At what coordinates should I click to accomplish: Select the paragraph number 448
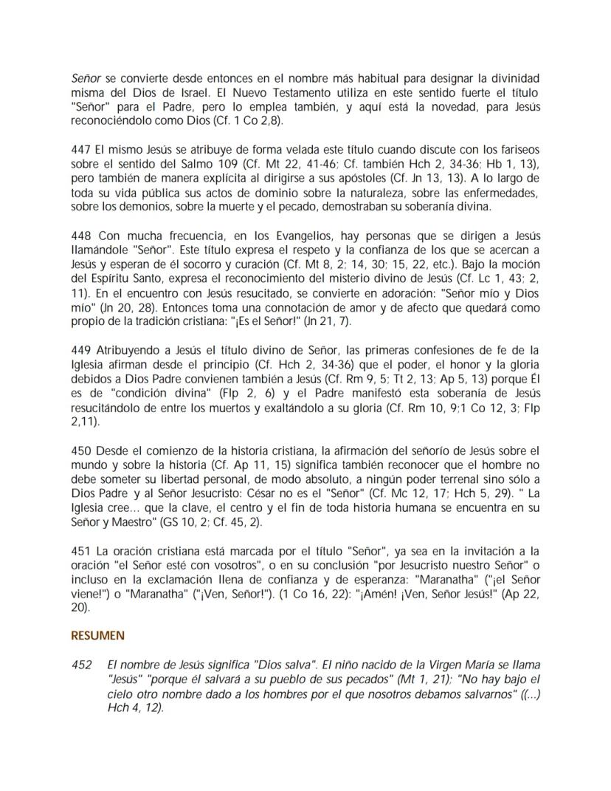[x=80, y=236]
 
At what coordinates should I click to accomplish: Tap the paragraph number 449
[x=80, y=350]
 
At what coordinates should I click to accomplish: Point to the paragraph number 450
[x=80, y=451]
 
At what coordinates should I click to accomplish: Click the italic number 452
[x=81, y=665]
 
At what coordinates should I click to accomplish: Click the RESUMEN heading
[x=97, y=635]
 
